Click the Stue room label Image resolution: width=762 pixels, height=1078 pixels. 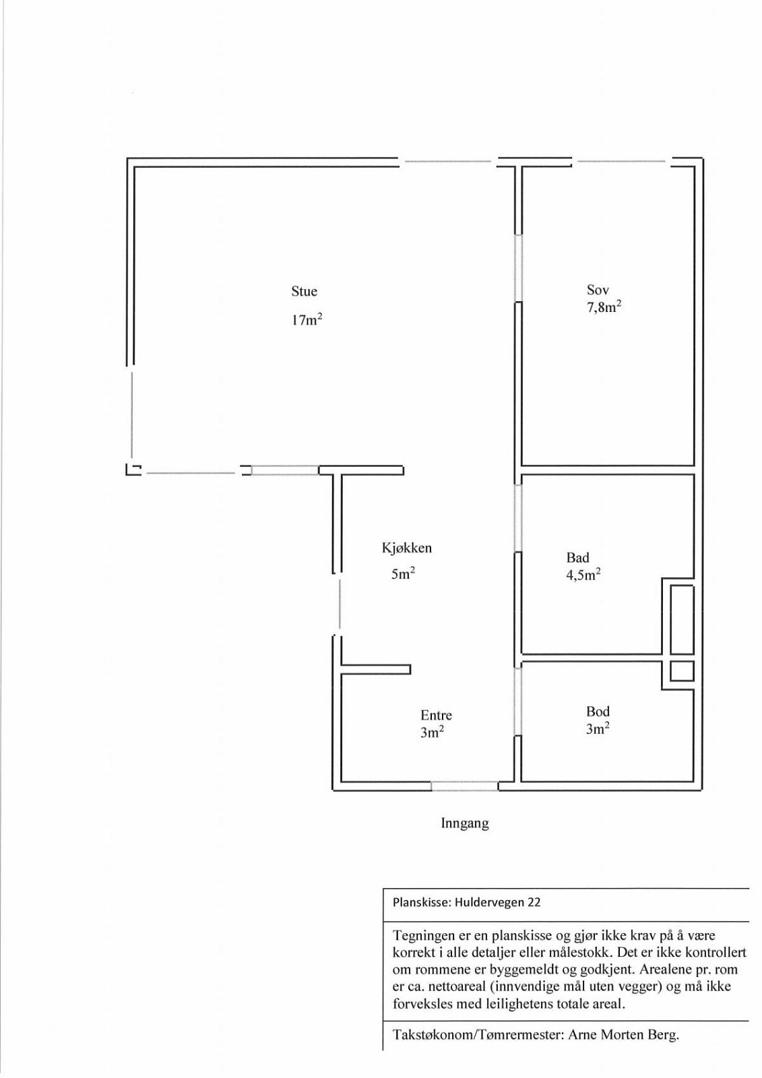coord(304,292)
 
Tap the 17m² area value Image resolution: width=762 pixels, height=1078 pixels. coord(307,320)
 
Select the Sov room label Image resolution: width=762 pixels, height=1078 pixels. coord(598,290)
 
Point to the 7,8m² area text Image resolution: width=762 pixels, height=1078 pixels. coord(604,308)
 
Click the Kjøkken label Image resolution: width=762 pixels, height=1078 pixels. coord(407,548)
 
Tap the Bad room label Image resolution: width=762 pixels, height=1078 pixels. coord(577,558)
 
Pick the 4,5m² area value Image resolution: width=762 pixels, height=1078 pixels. coord(583,575)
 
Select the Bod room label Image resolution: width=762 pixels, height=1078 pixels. coord(598,711)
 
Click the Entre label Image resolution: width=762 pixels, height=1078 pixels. coord(436,716)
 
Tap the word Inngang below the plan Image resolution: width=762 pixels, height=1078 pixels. coord(464,823)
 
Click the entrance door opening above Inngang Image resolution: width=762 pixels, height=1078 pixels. coord(465,786)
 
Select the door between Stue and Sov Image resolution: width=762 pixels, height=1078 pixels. coord(519,267)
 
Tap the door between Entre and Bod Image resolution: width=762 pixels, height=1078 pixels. coord(519,701)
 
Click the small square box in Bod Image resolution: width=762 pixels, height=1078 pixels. coord(681,671)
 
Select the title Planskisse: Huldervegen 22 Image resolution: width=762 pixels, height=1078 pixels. coord(466,903)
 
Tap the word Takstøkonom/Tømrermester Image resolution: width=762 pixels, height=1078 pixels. coord(476,1036)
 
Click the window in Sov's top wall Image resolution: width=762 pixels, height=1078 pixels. coord(621,162)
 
